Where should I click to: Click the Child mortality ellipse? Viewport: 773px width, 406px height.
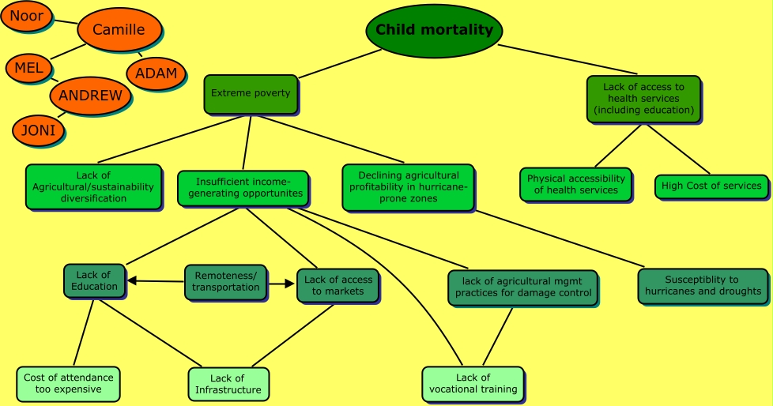point(434,31)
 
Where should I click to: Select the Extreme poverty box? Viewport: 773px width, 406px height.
point(251,93)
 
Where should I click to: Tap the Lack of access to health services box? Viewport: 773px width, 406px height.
point(644,99)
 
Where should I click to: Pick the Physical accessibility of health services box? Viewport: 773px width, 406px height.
point(575,184)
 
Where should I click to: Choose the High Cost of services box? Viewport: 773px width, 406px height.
point(711,186)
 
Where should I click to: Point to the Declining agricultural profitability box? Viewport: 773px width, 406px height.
point(408,186)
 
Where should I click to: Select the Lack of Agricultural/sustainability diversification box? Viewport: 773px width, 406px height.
point(93,186)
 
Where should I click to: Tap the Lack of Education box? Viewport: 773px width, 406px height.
point(94,280)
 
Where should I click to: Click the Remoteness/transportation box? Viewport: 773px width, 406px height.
point(225,281)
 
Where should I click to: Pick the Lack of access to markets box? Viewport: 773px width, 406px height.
point(338,285)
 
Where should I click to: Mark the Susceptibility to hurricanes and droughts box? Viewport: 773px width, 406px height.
point(703,285)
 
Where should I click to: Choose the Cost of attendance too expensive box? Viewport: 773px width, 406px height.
point(68,383)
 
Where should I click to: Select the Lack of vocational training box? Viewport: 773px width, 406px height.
point(473,383)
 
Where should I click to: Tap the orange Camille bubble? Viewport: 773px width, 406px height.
point(119,30)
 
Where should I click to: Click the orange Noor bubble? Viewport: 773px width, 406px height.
point(26,16)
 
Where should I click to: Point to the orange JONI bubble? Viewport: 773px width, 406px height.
point(38,130)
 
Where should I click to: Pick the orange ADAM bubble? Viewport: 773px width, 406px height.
point(156,73)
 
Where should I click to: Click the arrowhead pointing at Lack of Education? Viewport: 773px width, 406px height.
point(132,280)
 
